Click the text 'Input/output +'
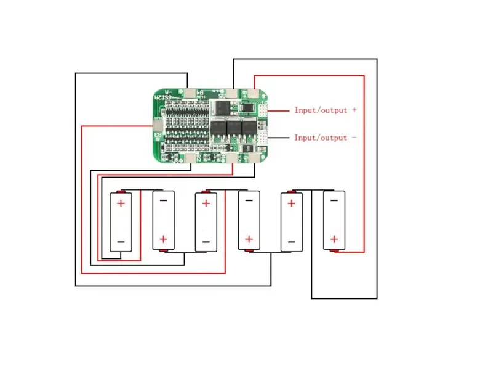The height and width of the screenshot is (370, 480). pos(325,110)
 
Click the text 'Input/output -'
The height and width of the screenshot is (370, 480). pos(325,138)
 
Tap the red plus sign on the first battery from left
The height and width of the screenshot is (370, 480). pos(121,203)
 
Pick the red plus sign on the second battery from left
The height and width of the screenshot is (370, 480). pos(163,239)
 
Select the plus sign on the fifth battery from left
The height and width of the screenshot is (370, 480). pos(292,203)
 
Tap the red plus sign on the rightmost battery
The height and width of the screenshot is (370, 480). pos(334,239)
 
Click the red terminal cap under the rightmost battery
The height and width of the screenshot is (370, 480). pos(334,251)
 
